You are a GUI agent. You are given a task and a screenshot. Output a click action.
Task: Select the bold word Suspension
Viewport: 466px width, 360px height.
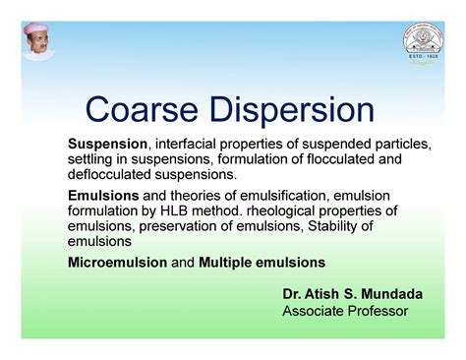pos(106,144)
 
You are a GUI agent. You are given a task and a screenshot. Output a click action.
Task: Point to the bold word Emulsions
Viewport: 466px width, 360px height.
pos(103,196)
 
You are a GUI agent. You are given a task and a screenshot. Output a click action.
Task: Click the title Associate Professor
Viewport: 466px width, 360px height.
pos(345,311)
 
